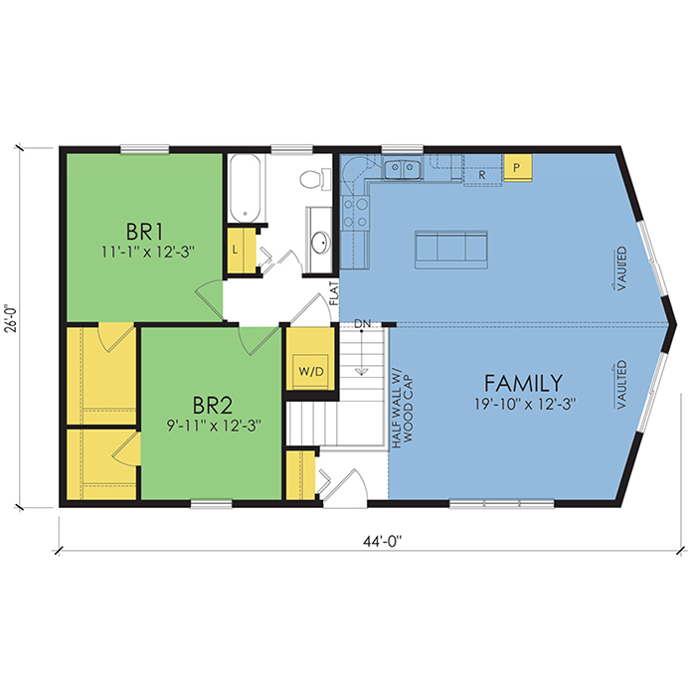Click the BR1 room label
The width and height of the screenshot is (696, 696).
[145, 232]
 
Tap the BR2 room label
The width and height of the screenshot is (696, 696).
[213, 405]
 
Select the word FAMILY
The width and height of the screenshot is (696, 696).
[523, 383]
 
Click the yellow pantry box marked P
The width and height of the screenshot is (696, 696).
[517, 167]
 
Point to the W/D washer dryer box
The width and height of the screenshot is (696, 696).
[311, 371]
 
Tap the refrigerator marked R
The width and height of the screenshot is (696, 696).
[482, 170]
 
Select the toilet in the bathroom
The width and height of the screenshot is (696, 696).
[315, 179]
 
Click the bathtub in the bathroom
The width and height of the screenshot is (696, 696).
[245, 188]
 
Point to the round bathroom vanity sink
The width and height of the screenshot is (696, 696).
[320, 243]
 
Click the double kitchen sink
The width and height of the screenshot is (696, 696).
[403, 169]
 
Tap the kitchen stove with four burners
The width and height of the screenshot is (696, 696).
[356, 213]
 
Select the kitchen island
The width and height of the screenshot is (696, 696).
[451, 249]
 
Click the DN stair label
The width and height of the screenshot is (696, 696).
[362, 323]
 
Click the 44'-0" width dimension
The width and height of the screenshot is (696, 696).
[382, 542]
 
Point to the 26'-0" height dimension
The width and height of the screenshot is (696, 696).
[12, 318]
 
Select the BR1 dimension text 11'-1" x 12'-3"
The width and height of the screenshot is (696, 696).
[148, 253]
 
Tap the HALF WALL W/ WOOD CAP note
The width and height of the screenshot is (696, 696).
[402, 411]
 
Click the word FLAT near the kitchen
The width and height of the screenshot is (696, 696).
[334, 293]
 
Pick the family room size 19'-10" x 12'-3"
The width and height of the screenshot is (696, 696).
[525, 405]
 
